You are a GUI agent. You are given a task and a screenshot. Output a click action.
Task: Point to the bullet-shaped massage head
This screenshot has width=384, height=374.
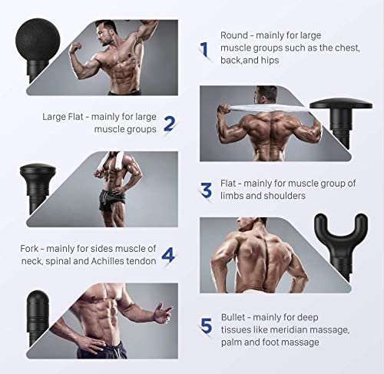[38, 317]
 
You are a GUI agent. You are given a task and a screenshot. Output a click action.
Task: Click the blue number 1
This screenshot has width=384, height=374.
[204, 49]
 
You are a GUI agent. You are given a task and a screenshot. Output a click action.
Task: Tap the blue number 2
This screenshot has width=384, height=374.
[169, 124]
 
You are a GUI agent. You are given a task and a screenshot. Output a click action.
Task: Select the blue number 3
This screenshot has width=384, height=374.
[206, 190]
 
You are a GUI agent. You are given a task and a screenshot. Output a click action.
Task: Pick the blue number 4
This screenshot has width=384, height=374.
[168, 255]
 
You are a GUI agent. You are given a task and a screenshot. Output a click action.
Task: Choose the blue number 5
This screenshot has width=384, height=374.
[206, 326]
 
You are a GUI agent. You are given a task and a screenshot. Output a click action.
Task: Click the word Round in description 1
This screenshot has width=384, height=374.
[234, 35]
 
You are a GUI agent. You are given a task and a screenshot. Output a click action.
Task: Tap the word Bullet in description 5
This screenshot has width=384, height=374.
[233, 317]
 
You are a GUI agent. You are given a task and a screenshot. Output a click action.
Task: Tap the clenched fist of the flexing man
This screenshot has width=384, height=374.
[75, 47]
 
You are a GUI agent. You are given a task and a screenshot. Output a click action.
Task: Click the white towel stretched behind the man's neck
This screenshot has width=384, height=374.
[263, 108]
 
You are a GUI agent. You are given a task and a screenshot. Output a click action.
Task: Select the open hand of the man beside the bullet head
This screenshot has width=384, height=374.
[161, 313]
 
